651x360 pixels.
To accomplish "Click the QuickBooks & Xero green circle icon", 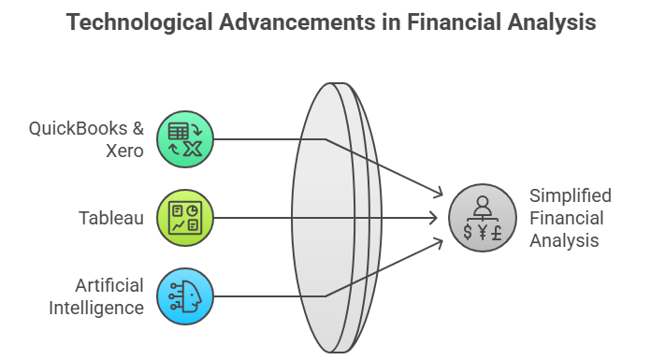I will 185,139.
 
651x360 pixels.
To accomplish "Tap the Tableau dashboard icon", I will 185,218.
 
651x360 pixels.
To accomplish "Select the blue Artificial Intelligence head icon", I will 185,296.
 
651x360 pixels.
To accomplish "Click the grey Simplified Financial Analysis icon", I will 482,218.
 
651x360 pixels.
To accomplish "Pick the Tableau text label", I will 111,218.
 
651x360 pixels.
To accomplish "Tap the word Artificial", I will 111,285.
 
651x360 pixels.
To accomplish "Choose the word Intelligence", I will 96,308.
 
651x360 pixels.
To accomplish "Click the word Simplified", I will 571,195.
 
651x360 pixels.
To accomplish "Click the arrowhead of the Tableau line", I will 434,218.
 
